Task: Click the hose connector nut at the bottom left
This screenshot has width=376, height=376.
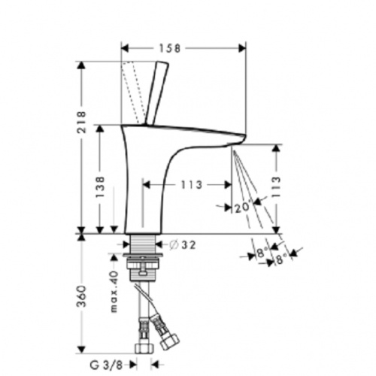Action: point(141,348)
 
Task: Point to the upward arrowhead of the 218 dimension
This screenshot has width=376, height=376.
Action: point(81,65)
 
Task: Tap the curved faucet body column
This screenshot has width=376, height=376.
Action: point(143,180)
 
